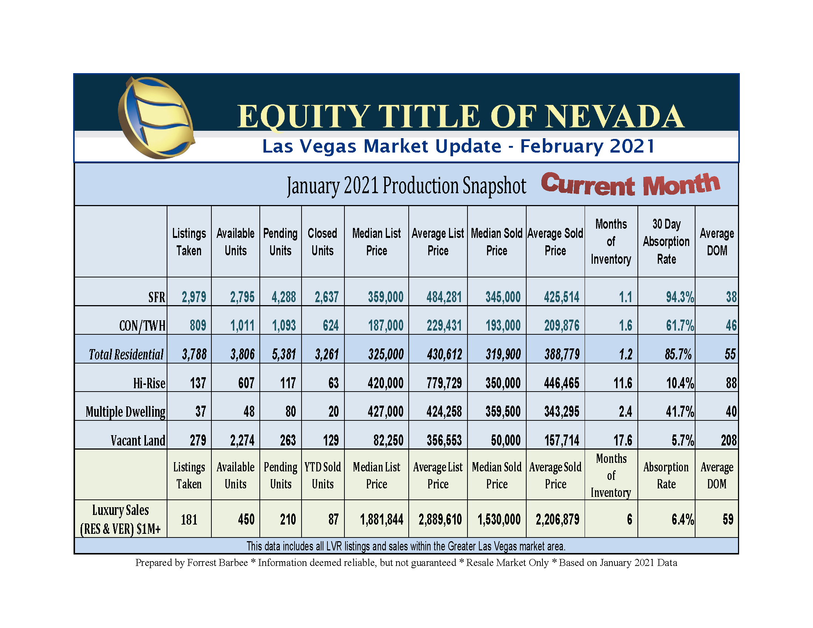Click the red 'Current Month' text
click(x=630, y=185)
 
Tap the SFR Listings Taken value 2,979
click(x=194, y=297)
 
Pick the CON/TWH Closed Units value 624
click(x=331, y=325)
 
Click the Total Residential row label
click(x=126, y=354)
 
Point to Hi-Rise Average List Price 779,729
click(x=444, y=383)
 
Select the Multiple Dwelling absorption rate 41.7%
click(x=679, y=412)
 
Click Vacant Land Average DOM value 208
click(x=728, y=440)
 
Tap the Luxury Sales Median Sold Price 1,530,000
click(x=499, y=519)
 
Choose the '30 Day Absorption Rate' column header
click(x=666, y=242)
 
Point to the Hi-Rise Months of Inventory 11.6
click(x=622, y=383)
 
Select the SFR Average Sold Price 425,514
click(x=561, y=297)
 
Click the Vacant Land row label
click(x=138, y=440)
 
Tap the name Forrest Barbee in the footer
click(x=217, y=563)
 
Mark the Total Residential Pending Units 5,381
click(x=284, y=354)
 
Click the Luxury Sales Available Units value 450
click(x=246, y=519)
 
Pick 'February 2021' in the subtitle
click(x=587, y=146)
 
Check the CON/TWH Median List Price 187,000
click(x=385, y=325)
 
